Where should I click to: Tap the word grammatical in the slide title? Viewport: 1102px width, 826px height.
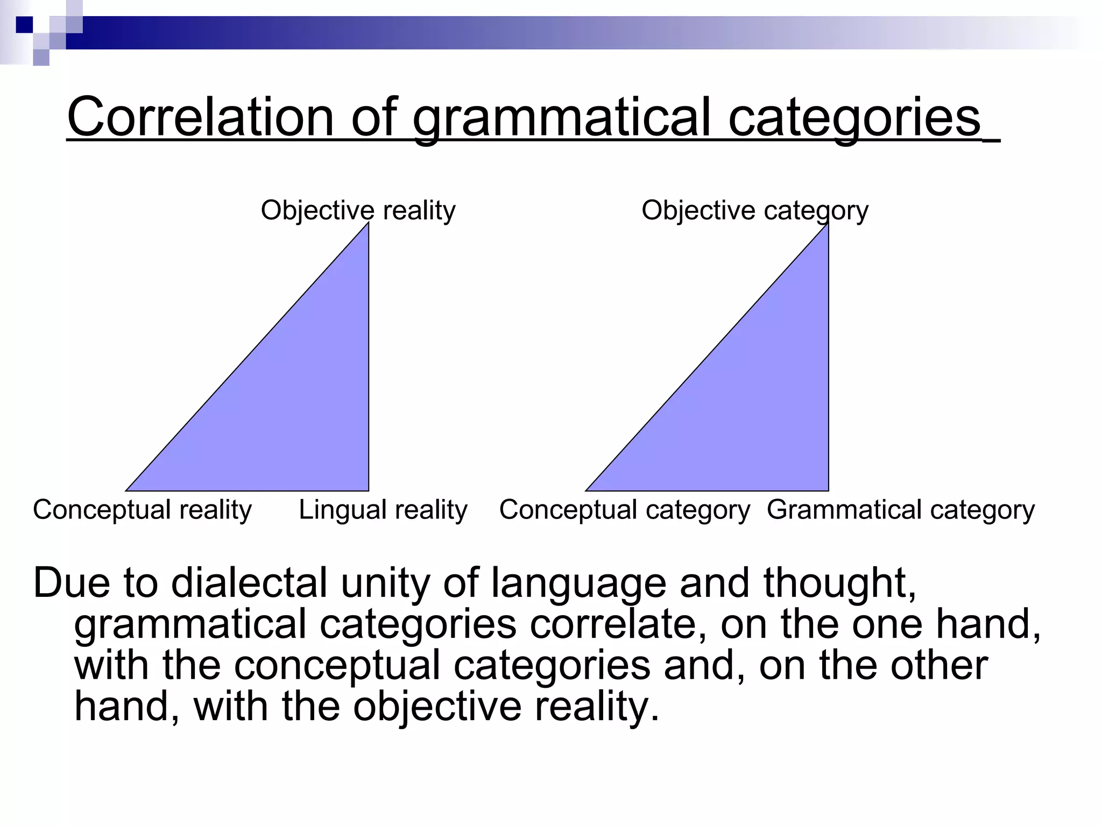[562, 117]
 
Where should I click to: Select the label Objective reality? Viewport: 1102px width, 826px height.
[358, 210]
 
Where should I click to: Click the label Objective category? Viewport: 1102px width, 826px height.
[754, 210]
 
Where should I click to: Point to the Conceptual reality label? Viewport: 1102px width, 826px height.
[142, 509]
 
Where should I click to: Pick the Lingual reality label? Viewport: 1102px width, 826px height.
[383, 509]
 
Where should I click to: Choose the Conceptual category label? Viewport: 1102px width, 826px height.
[624, 509]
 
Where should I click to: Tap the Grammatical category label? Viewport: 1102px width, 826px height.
[900, 509]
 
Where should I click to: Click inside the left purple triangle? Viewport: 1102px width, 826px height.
[301, 409]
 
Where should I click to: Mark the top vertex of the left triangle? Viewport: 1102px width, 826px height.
[369, 223]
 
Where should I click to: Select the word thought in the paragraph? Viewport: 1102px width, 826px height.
[839, 583]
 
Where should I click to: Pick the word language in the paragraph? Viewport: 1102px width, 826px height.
[578, 583]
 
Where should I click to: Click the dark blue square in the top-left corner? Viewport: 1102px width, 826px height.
[24, 25]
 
